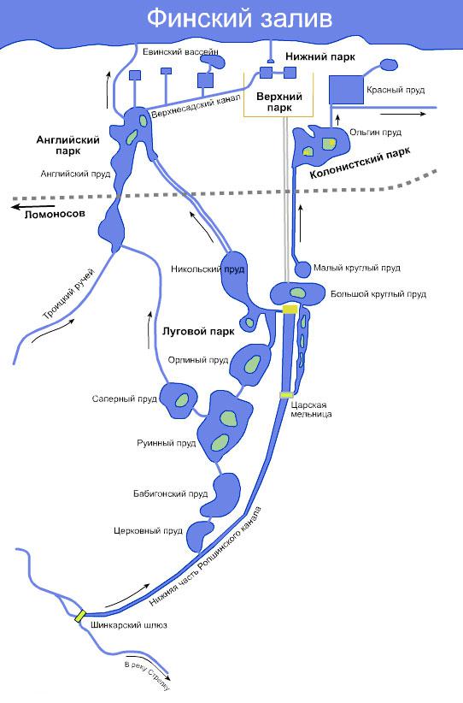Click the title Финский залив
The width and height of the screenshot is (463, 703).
pyautogui.click(x=240, y=19)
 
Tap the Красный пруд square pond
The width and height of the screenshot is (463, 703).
pyautogui.click(x=346, y=90)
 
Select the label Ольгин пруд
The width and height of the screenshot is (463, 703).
pyautogui.click(x=375, y=133)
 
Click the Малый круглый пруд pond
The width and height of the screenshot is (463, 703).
pyautogui.click(x=302, y=269)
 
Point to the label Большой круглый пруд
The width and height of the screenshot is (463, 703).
pyautogui.click(x=378, y=294)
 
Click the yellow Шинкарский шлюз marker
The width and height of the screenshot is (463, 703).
pyautogui.click(x=80, y=615)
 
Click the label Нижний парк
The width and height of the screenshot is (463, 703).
pyautogui.click(x=320, y=56)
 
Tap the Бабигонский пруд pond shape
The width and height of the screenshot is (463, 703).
pyautogui.click(x=220, y=495)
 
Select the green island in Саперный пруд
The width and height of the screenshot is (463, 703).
pyautogui.click(x=182, y=399)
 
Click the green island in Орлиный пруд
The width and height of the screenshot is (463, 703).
pyautogui.click(x=253, y=363)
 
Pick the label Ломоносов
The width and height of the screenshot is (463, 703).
pyautogui.click(x=55, y=214)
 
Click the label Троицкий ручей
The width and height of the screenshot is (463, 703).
pyautogui.click(x=69, y=293)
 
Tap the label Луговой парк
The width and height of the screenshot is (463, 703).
pyautogui.click(x=198, y=332)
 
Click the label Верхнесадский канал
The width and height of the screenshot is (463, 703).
pyautogui.click(x=196, y=106)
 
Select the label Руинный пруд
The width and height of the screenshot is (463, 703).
pyautogui.click(x=166, y=443)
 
